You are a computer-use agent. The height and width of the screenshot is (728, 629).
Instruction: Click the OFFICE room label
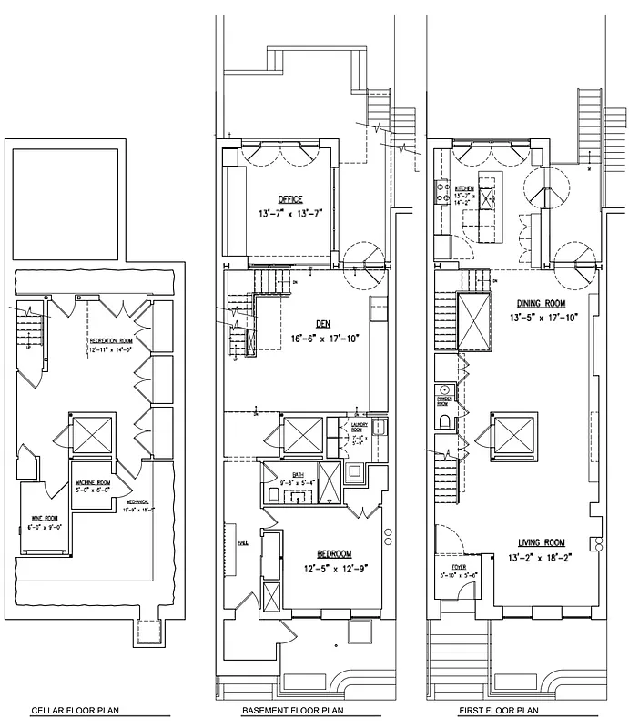click(290, 199)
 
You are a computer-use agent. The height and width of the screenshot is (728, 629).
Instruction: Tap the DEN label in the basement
click(324, 323)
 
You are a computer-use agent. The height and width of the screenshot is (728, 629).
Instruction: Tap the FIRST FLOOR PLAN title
click(500, 711)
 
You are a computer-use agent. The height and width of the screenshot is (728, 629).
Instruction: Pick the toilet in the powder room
click(443, 420)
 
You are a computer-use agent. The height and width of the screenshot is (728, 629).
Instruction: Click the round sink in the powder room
click(443, 390)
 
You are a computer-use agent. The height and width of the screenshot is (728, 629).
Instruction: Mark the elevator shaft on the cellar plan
click(92, 433)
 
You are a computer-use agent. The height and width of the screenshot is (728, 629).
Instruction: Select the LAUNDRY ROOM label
click(357, 427)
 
